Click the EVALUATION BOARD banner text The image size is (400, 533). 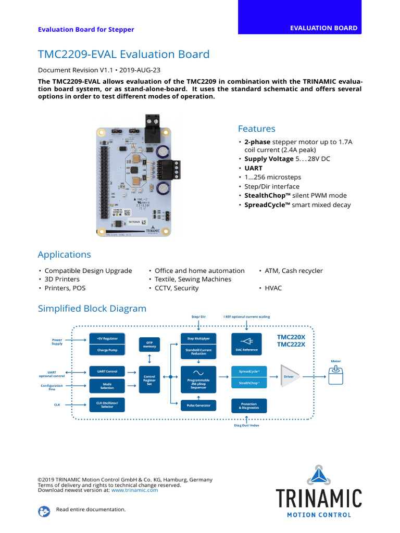pos(323,28)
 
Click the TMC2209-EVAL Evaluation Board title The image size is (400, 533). pos(123,54)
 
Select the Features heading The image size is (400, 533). pos(256,129)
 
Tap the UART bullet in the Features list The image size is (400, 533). pos(253,168)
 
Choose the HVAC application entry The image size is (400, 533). pos(273,288)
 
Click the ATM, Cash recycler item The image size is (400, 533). pos(293,271)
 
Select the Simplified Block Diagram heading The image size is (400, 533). pos(92,309)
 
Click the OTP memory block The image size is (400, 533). pos(149,344)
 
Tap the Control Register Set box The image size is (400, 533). pos(149,380)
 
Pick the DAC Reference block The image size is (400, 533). pos(246,344)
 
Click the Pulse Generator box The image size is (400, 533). pos(198,406)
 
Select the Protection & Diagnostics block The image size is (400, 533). pos(248,406)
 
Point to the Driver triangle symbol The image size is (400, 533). pos(290,376)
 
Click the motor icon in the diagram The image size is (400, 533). pos(336,376)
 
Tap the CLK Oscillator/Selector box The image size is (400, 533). pos(107,404)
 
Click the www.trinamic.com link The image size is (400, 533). pos(134,490)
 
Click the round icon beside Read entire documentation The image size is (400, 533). pos(44,511)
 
